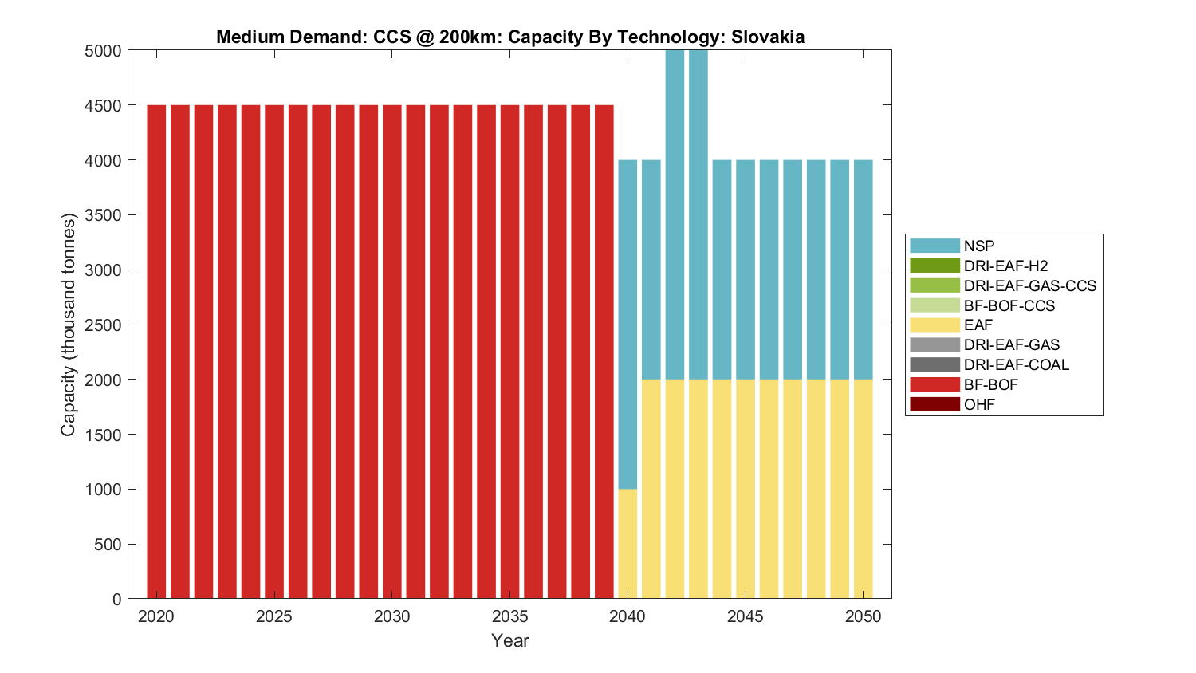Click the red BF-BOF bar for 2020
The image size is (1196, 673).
[156, 351]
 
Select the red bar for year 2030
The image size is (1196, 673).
[391, 351]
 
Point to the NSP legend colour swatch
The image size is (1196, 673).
[934, 246]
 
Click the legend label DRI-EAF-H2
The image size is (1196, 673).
[1005, 266]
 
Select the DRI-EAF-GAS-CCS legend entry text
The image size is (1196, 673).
[1029, 285]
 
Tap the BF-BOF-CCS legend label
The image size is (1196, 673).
[1009, 305]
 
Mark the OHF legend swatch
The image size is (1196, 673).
[934, 404]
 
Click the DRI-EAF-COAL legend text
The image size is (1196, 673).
[1016, 364]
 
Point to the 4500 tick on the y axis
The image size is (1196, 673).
[103, 106]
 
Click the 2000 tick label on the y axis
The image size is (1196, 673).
[103, 380]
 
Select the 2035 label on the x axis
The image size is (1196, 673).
[509, 616]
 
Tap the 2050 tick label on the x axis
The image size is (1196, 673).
[864, 616]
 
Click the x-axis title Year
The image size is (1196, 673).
[509, 640]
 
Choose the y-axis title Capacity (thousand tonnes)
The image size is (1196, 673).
[68, 325]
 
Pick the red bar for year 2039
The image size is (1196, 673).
[604, 351]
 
